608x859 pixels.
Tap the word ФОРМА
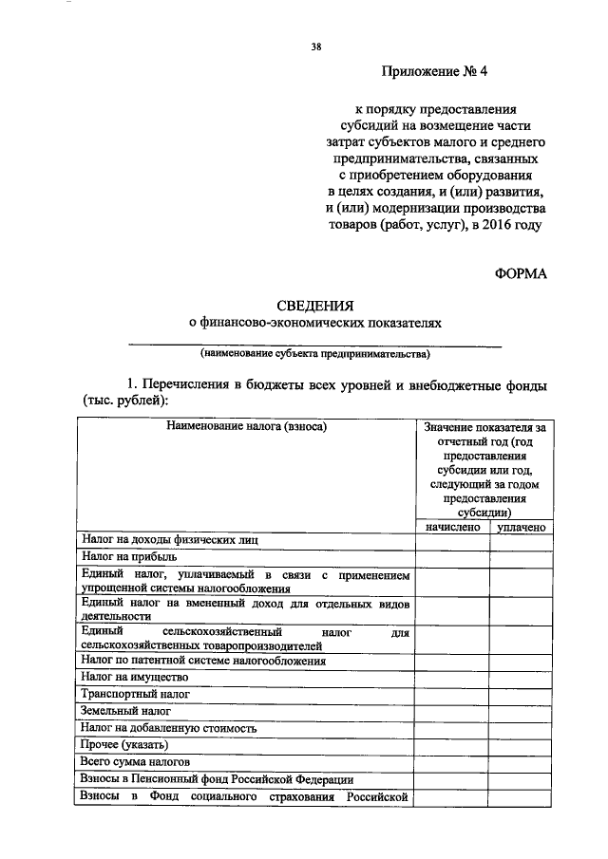tap(522, 273)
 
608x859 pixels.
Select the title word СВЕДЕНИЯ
tap(314, 306)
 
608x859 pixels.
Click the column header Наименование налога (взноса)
tap(246, 427)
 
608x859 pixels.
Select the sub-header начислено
tap(452, 525)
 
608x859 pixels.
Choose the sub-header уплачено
tap(520, 525)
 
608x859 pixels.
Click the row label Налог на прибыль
tap(129, 557)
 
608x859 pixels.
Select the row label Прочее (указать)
tap(125, 745)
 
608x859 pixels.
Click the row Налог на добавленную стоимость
tap(169, 728)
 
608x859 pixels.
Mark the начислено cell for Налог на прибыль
tap(452, 557)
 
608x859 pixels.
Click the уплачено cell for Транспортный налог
tap(520, 694)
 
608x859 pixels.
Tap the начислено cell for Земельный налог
tap(452, 711)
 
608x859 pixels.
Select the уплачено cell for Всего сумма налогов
tap(520, 762)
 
